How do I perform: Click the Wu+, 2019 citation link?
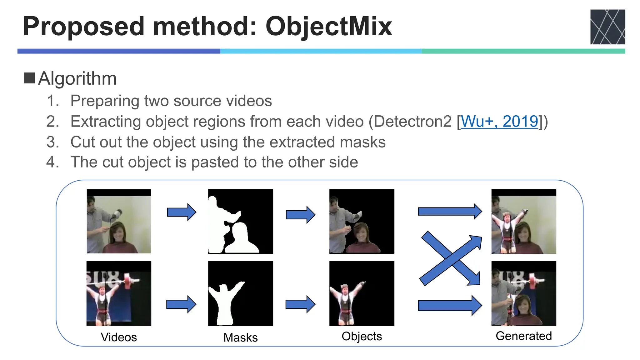(x=499, y=121)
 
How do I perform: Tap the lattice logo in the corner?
(x=607, y=27)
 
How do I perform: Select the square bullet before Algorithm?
(x=29, y=78)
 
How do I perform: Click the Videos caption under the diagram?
(x=119, y=337)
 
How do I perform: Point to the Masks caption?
(x=240, y=337)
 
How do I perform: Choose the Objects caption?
(x=362, y=336)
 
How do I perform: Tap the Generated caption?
(x=523, y=336)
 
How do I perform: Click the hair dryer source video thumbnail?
(x=119, y=221)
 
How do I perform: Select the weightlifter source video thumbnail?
(x=119, y=293)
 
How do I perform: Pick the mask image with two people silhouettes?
(x=240, y=221)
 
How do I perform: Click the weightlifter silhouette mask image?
(x=240, y=293)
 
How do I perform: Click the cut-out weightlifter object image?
(x=362, y=293)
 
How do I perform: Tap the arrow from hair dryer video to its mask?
(x=182, y=212)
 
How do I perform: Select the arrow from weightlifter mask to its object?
(x=300, y=304)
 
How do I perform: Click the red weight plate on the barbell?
(x=127, y=281)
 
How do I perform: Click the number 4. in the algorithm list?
(x=52, y=162)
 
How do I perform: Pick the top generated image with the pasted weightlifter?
(x=523, y=221)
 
